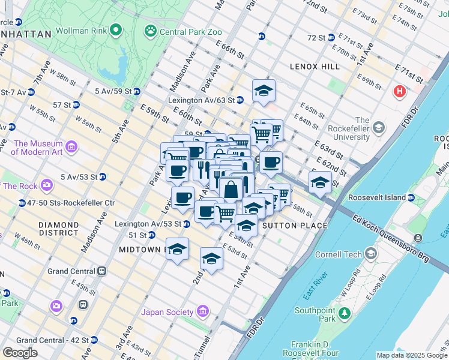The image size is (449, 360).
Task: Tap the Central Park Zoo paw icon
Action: [150, 29]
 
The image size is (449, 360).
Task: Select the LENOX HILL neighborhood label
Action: [314, 66]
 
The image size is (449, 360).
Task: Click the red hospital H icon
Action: [399, 92]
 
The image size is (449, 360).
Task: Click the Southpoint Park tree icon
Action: [345, 313]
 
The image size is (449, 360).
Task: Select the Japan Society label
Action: [167, 312]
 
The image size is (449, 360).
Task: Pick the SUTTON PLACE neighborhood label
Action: [295, 226]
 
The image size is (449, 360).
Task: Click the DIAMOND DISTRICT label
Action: [58, 229]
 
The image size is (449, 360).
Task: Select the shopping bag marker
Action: [231, 190]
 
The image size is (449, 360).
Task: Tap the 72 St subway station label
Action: [316, 37]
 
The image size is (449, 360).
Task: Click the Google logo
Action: [20, 353]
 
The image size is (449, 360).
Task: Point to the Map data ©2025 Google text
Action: [411, 355]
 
